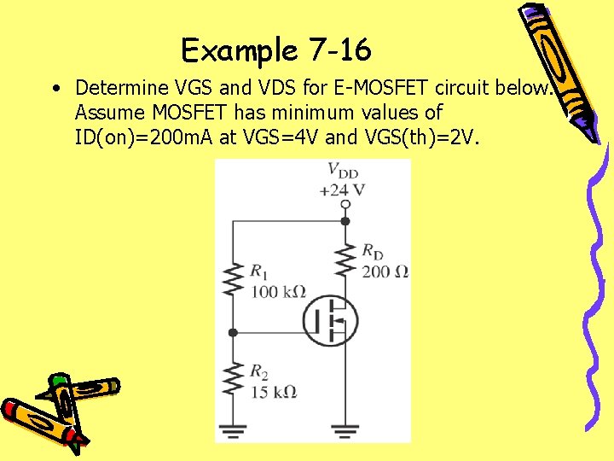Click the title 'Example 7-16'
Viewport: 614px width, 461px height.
pyautogui.click(x=276, y=51)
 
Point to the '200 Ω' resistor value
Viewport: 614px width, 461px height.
pyautogui.click(x=385, y=271)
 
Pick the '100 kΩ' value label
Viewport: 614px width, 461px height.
pyautogui.click(x=277, y=291)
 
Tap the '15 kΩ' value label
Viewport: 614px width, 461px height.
pyautogui.click(x=273, y=392)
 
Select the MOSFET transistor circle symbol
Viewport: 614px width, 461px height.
pyautogui.click(x=330, y=320)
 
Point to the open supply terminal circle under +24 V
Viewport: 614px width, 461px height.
pyautogui.click(x=345, y=205)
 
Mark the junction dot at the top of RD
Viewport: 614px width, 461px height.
pyautogui.click(x=345, y=220)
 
